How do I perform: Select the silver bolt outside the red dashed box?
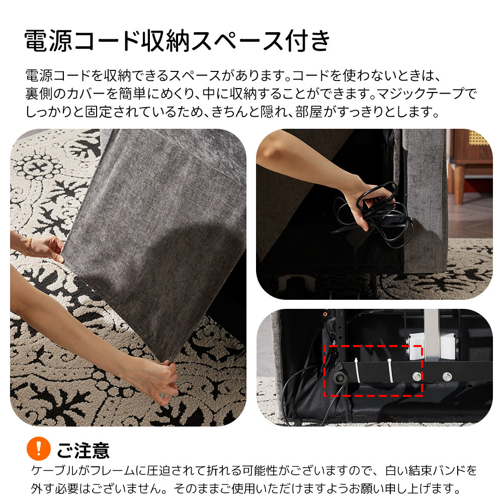pos(447,376)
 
